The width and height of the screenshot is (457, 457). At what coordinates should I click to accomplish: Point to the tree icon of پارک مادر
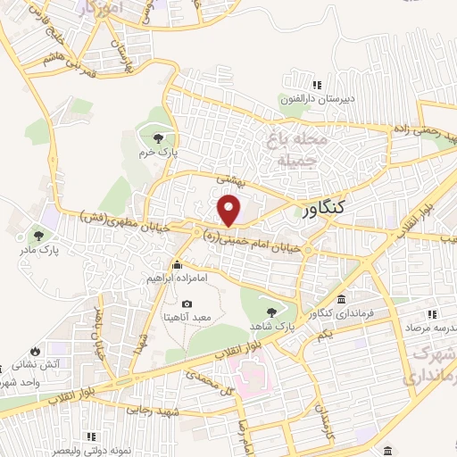37,236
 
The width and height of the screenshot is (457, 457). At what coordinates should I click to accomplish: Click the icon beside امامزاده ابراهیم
177,264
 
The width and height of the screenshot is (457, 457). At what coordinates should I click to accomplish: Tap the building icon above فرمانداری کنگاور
342,299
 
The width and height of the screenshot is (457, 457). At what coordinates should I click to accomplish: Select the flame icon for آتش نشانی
35,351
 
